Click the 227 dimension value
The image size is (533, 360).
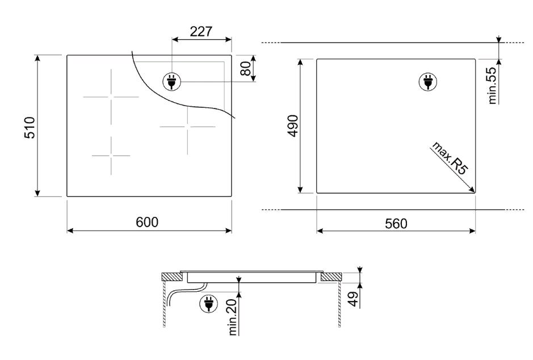201,32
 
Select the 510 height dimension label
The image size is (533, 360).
30,128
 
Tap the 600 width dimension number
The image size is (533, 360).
147,222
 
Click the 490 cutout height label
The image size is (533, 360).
293,126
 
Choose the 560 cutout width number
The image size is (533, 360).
396,224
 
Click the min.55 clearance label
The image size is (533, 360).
492,85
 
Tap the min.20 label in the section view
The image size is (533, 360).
233,317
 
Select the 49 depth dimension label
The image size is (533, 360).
354,299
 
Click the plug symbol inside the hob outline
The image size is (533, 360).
172,82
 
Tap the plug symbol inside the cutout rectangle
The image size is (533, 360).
428,82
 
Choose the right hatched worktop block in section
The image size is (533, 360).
331,277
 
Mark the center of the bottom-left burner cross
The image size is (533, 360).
111,156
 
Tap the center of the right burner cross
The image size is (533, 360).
187,127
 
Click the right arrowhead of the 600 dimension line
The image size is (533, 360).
229,231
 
